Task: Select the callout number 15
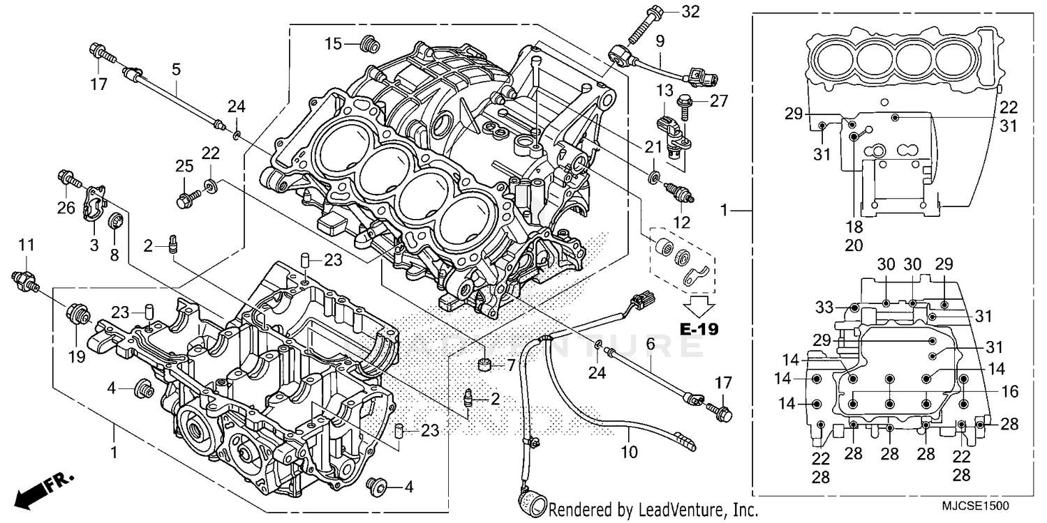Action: (x=332, y=44)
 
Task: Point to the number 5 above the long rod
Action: (x=176, y=69)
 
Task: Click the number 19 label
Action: (x=76, y=357)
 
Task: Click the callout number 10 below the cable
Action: (x=629, y=452)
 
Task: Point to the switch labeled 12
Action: (x=681, y=192)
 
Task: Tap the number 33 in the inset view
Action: (x=824, y=307)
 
